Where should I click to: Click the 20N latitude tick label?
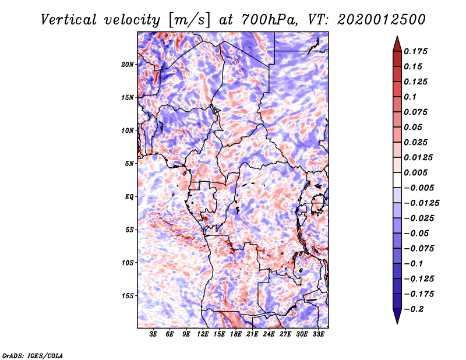(x=128, y=64)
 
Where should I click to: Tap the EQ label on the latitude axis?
(x=129, y=196)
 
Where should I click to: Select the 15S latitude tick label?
(x=128, y=295)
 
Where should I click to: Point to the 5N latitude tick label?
(x=129, y=164)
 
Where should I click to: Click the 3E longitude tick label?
(x=153, y=334)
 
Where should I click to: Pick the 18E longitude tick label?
(x=236, y=334)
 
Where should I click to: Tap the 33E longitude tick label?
(x=319, y=334)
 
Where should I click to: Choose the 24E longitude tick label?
(x=269, y=334)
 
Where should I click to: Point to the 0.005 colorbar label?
(x=417, y=172)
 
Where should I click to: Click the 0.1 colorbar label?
(x=411, y=97)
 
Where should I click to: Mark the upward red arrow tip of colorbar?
(x=397, y=37)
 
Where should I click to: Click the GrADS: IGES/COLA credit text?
(x=32, y=355)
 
